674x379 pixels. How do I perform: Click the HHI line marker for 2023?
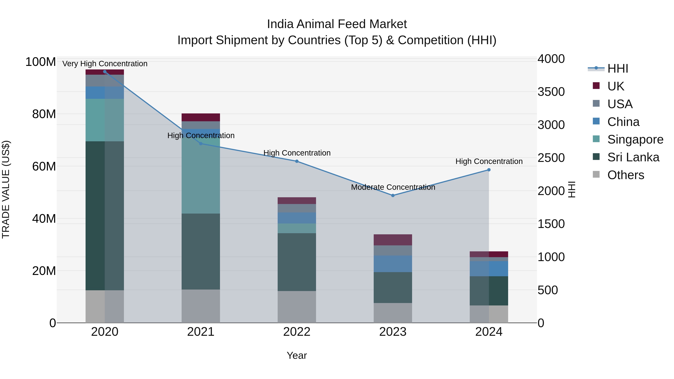tap(393, 195)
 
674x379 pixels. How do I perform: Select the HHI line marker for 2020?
tap(105, 71)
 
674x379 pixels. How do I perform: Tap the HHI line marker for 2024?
tap(489, 170)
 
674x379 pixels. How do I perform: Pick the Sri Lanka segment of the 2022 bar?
tap(297, 262)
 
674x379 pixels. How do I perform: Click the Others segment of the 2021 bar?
tap(201, 306)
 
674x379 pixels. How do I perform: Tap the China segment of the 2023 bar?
tap(393, 264)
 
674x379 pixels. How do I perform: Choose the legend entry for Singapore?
tap(635, 139)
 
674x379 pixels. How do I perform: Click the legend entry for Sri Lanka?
tap(633, 157)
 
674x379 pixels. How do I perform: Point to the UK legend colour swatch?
tap(596, 86)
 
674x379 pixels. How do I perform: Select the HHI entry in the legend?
tap(617, 69)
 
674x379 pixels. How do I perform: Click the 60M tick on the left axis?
tap(44, 166)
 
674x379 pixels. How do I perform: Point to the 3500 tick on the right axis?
tap(551, 92)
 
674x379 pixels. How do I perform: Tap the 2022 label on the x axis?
tap(297, 332)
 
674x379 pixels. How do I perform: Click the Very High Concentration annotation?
tap(105, 64)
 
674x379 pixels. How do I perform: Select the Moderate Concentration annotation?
tap(393, 187)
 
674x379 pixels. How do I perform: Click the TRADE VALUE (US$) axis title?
tap(6, 189)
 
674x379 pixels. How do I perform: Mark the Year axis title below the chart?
tap(297, 355)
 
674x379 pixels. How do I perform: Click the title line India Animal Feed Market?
tap(337, 24)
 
